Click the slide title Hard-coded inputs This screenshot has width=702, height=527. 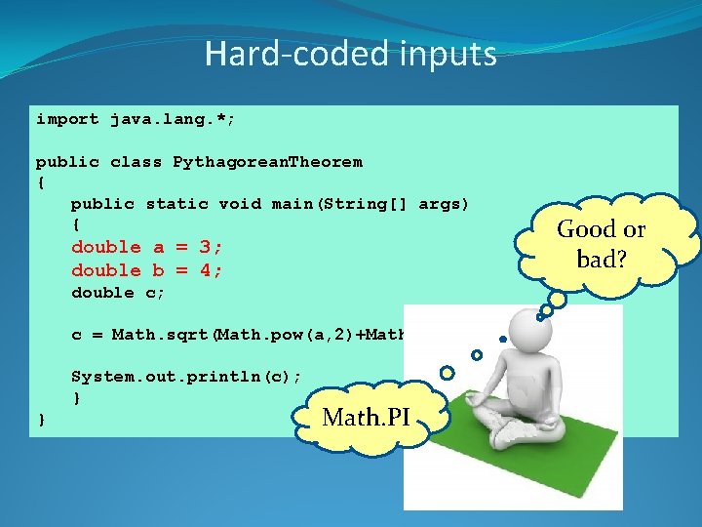(x=350, y=54)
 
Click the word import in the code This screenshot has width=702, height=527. (x=67, y=119)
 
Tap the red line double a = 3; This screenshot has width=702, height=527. (x=146, y=247)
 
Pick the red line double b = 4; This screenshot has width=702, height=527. (x=146, y=269)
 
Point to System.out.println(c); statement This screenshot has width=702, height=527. (x=186, y=377)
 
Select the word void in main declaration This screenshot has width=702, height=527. (x=240, y=204)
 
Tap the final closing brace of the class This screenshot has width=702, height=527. (x=41, y=420)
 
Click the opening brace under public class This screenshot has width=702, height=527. (x=41, y=182)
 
